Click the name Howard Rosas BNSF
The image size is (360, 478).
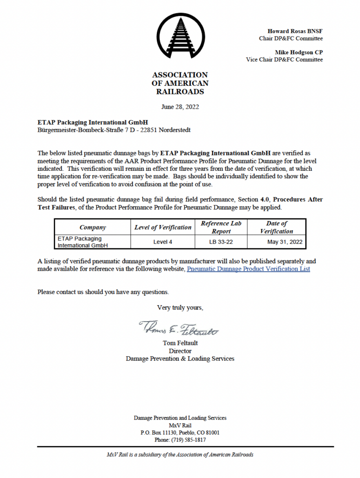(x=295, y=31)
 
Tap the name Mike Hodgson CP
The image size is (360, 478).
(x=298, y=52)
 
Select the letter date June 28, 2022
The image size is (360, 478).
(x=180, y=106)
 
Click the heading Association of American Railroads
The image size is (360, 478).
(x=180, y=83)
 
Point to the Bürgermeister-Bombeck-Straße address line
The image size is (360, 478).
(x=113, y=130)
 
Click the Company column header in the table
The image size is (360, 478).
(x=92, y=227)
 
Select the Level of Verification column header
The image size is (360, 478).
(x=163, y=227)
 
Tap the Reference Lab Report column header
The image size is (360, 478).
(x=221, y=227)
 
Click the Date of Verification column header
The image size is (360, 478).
(x=276, y=227)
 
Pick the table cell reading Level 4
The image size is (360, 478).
(x=163, y=242)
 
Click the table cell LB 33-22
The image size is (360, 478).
(x=221, y=242)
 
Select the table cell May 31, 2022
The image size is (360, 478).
(x=285, y=242)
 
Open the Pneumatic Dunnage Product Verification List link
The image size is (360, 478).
(x=248, y=269)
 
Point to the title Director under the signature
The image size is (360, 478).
(x=180, y=351)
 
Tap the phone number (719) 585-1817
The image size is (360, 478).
(x=180, y=440)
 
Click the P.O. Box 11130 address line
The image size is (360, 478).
(x=180, y=432)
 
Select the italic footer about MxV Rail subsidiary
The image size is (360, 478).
(x=180, y=454)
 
